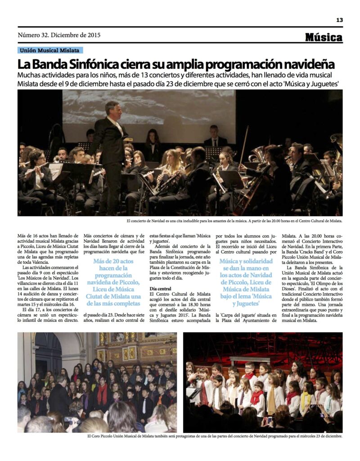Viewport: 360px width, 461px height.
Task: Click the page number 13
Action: click(x=340, y=20)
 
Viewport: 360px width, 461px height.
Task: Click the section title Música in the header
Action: click(x=324, y=37)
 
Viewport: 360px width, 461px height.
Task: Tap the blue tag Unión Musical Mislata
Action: click(x=49, y=50)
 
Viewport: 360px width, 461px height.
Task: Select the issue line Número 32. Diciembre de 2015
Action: click(x=59, y=35)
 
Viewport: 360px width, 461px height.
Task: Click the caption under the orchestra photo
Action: click(x=234, y=221)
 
